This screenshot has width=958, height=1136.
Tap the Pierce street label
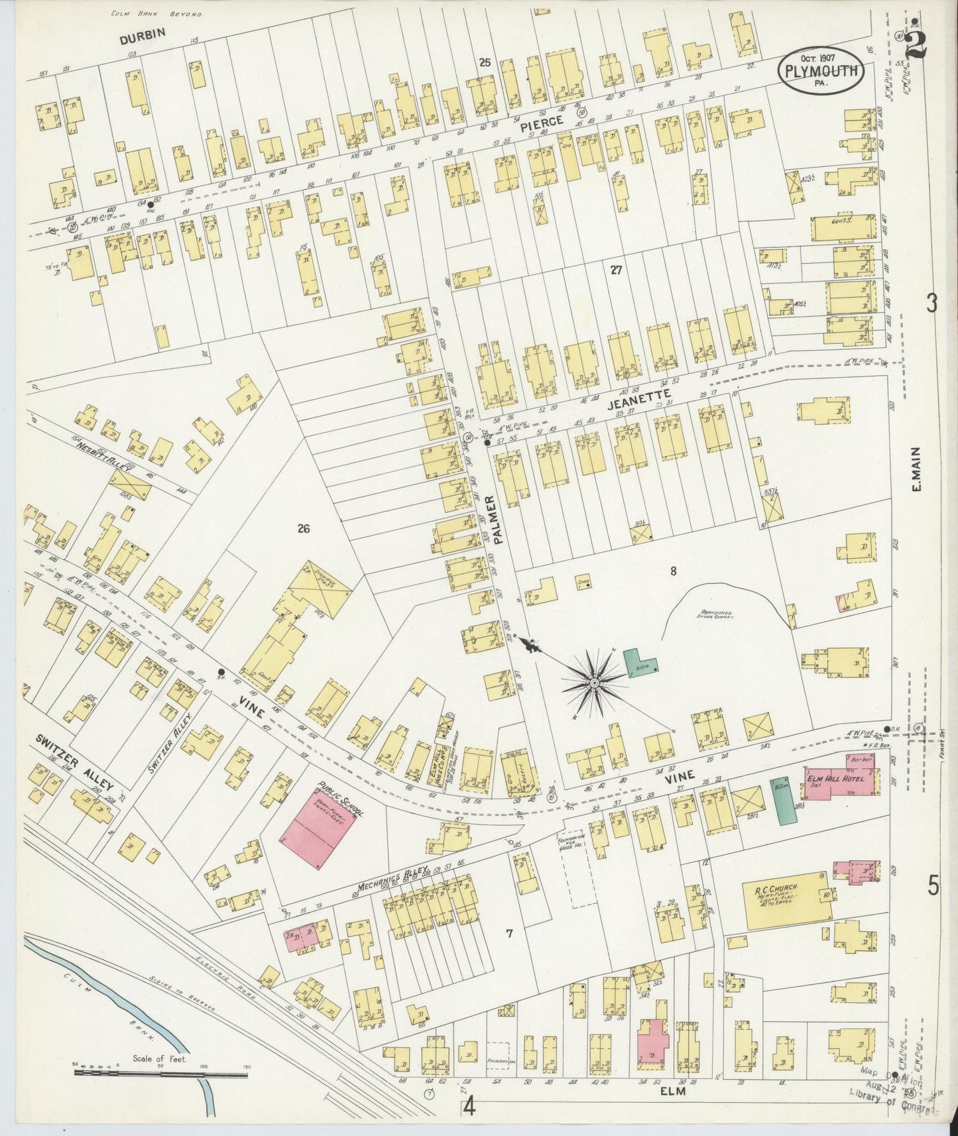click(541, 122)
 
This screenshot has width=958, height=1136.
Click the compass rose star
click(595, 682)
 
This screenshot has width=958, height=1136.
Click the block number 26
click(304, 528)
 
